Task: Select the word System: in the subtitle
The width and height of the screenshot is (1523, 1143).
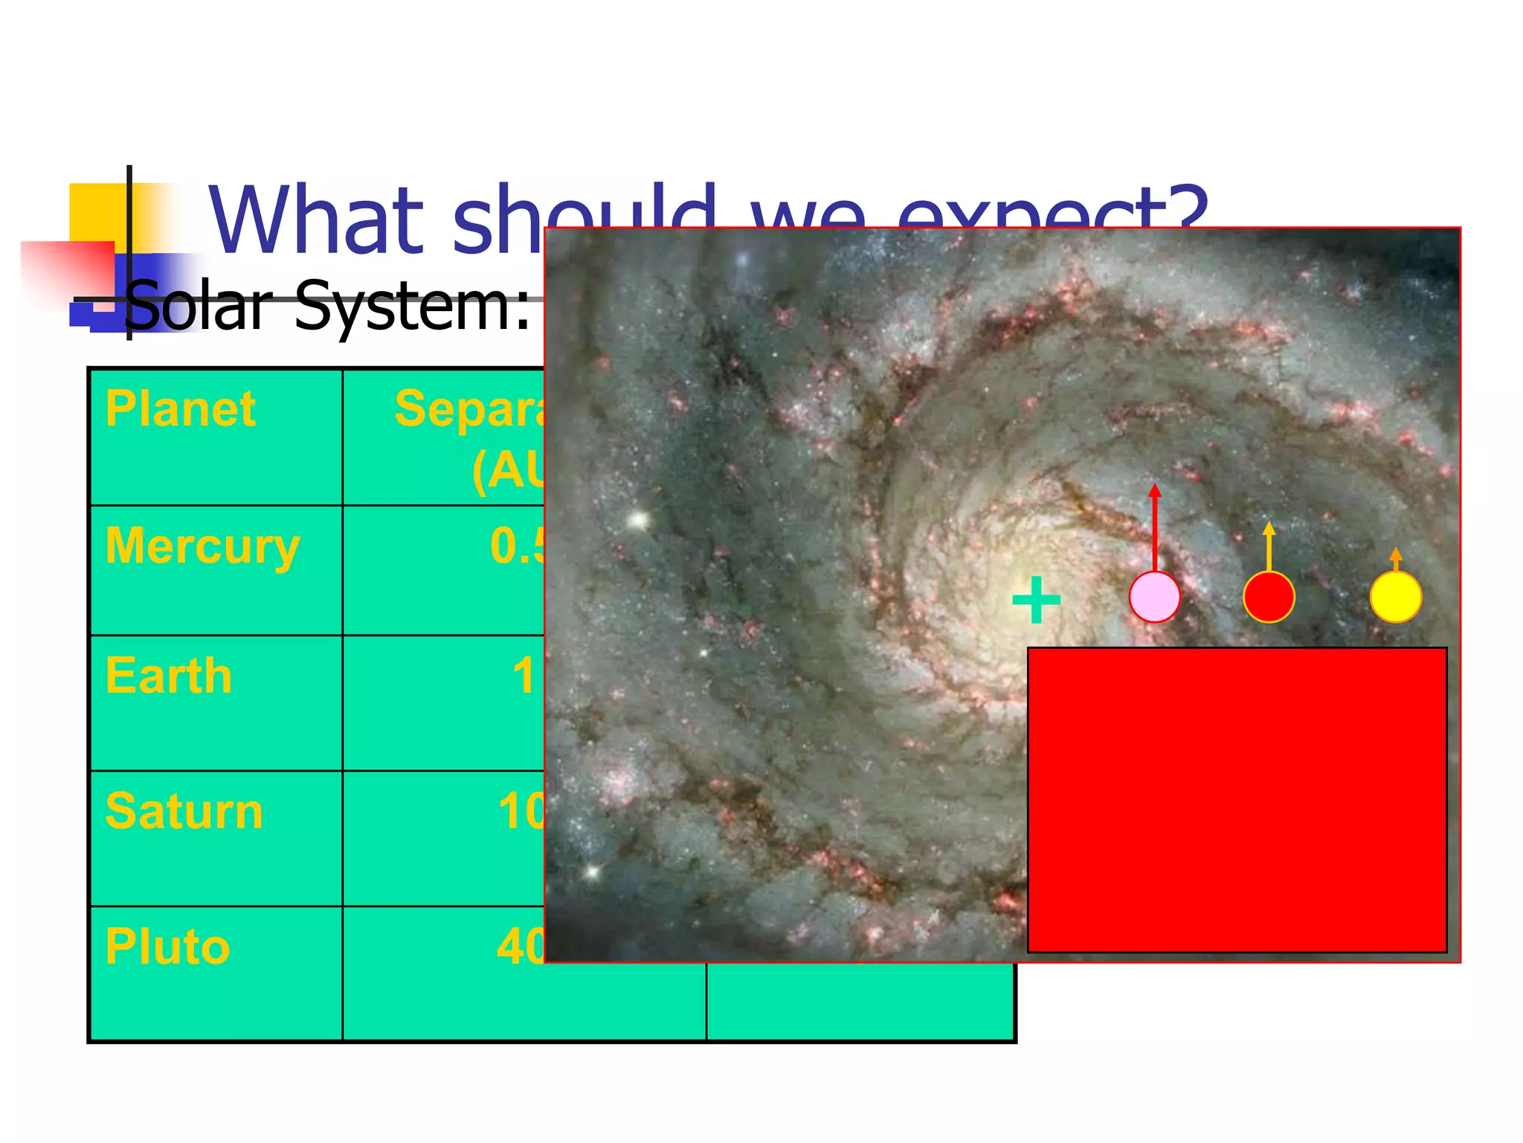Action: [x=413, y=306]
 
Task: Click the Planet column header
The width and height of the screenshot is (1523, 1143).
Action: [x=181, y=409]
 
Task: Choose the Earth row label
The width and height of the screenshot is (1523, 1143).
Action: [x=169, y=676]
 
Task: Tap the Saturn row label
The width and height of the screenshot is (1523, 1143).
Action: [x=184, y=812]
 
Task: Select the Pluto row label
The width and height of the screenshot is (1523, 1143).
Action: [x=167, y=947]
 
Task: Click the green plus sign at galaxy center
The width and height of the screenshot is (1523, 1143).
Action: [x=1036, y=600]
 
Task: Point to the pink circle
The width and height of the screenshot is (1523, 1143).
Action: [x=1154, y=597]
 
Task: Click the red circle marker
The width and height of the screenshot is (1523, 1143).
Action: [x=1269, y=597]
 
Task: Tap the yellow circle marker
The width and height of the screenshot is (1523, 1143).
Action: [x=1395, y=597]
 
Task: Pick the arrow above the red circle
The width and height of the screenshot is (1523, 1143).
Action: [x=1269, y=546]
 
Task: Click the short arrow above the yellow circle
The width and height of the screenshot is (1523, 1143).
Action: [x=1396, y=559]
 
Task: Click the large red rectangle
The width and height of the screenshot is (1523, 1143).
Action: [x=1237, y=800]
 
